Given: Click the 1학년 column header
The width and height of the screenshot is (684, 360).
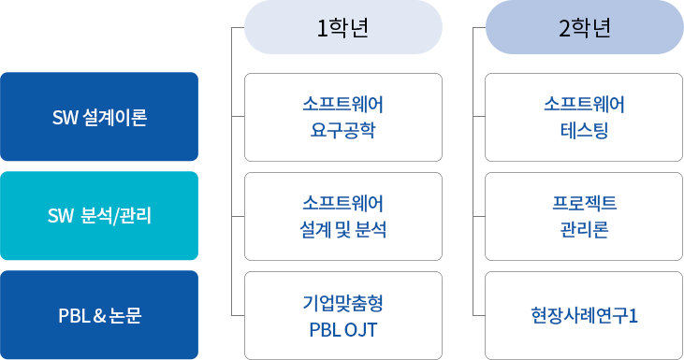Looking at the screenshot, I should point(342,28).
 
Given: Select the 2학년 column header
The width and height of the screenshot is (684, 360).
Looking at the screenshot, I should point(584,28).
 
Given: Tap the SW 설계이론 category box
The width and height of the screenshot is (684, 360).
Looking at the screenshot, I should point(99,117).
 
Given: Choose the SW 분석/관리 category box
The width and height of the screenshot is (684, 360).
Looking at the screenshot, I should point(99,216).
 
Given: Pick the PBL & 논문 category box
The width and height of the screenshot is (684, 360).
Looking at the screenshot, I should point(99,315).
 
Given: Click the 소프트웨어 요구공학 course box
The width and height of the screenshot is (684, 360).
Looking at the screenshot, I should point(342,117).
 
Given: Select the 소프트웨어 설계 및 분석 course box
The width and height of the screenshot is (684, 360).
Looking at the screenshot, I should point(342,216).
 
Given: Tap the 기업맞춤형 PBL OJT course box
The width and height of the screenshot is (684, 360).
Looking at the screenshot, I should point(342,315).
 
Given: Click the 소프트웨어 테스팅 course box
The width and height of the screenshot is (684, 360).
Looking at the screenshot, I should point(584,117).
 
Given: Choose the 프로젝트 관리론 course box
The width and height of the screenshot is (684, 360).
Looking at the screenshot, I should point(584,216).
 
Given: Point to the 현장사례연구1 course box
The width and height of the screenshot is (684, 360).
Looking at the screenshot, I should point(584,315).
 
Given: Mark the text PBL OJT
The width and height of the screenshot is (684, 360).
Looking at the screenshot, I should point(342,328).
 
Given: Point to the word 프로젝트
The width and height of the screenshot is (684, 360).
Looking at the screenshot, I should point(584,203).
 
